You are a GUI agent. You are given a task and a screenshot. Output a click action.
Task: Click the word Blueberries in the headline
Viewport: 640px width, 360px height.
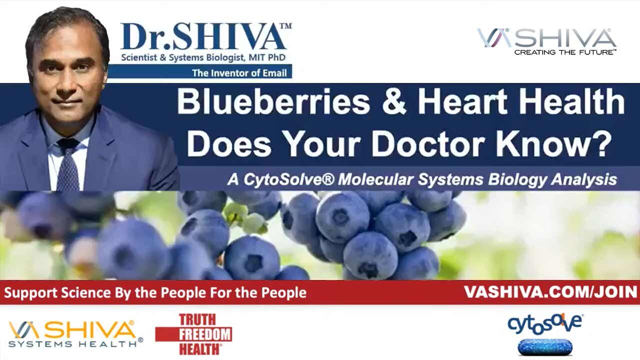[273, 102]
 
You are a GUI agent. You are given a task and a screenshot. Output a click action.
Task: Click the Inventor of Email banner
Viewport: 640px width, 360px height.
[239, 73]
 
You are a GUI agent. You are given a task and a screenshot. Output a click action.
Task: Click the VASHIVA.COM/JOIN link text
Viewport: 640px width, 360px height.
[550, 292]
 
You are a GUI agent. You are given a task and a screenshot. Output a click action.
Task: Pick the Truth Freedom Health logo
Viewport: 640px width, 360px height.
[193, 334]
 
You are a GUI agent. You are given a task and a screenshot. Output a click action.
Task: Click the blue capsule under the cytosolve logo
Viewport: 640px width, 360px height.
[544, 346]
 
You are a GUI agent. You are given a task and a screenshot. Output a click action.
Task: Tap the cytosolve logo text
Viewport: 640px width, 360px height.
[544, 324]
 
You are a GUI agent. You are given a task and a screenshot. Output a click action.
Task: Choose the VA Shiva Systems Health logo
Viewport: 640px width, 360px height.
[75, 334]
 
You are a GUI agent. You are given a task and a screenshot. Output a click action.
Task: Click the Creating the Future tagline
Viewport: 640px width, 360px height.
[564, 52]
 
